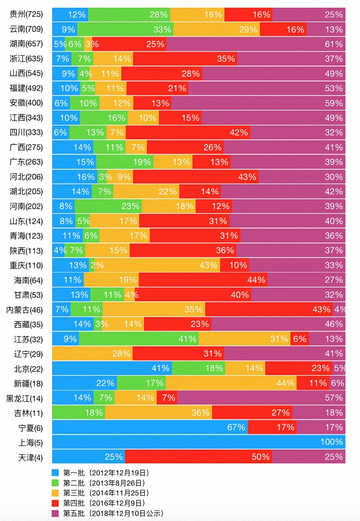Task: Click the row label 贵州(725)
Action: [x=26, y=14]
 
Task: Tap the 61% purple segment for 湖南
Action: [x=256, y=44]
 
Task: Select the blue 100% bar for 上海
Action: [x=199, y=442]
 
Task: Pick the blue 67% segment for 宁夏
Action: [x=150, y=427]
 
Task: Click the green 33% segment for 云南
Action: [x=126, y=29]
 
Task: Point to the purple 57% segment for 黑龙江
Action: [x=262, y=397]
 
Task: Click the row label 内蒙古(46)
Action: [x=25, y=310]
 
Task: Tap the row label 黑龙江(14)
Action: [x=25, y=398]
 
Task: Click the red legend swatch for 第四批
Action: [x=56, y=503]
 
